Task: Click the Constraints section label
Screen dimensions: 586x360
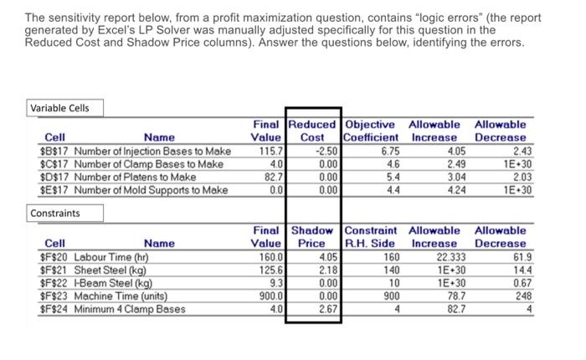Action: pyautogui.click(x=56, y=213)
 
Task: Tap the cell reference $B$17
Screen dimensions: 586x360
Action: pyautogui.click(x=55, y=151)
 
